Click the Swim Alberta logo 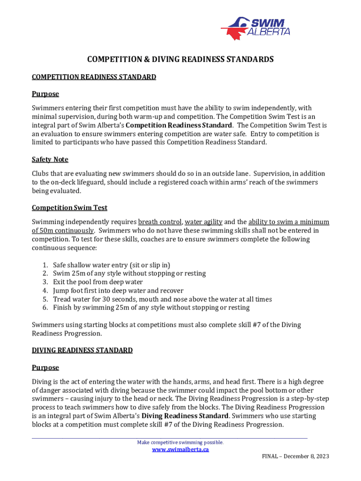click(x=256, y=27)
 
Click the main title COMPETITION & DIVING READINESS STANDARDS click(x=180, y=60)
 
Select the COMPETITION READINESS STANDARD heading click(x=94, y=77)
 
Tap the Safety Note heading click(x=50, y=160)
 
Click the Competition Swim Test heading click(x=70, y=208)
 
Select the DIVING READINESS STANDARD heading click(x=82, y=350)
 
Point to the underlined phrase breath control click(x=160, y=222)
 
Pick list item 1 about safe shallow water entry click(x=111, y=265)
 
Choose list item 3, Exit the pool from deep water click(x=98, y=282)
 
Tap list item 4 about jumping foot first click(x=118, y=290)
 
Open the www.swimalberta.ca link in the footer click(x=180, y=450)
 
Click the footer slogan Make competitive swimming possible click(x=180, y=442)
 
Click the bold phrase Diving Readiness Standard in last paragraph click(x=185, y=416)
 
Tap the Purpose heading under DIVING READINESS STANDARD click(x=45, y=367)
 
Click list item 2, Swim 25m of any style click(x=129, y=273)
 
